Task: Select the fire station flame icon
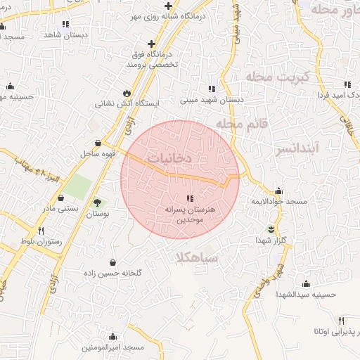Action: pos(127,92)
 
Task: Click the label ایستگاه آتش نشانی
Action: pos(128,104)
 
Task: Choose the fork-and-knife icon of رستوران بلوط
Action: pos(41,231)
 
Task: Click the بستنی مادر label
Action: pos(60,209)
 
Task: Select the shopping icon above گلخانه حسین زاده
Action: pos(115,261)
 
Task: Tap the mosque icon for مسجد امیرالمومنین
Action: pos(112,337)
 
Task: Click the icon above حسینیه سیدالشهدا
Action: pos(306,283)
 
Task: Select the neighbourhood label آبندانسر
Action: pos(317,148)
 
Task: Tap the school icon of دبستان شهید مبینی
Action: pos(211,89)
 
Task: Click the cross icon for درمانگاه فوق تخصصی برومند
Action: pos(151,44)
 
